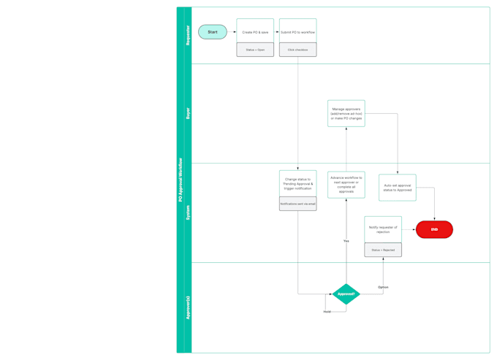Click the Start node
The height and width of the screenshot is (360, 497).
(213, 32)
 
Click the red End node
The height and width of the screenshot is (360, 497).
(434, 229)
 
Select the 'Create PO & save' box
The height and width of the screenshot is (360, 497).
(255, 31)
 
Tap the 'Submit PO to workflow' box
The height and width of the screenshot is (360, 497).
(297, 31)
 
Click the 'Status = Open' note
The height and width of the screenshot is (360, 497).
(255, 50)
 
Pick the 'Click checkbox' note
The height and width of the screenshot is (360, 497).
(297, 50)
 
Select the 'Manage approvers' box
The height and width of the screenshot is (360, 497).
(346, 114)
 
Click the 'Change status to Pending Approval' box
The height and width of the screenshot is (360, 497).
(297, 183)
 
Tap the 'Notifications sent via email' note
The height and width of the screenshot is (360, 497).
(297, 204)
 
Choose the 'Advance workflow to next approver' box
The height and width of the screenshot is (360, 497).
(346, 185)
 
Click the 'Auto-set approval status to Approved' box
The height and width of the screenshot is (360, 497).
(398, 188)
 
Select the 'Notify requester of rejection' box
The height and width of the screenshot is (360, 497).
(383, 229)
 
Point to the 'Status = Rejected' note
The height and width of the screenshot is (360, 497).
(383, 250)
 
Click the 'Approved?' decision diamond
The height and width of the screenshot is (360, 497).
(346, 294)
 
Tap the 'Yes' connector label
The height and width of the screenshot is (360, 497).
(346, 241)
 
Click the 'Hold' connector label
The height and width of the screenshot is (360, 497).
(327, 312)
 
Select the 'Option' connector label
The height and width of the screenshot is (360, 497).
(383, 287)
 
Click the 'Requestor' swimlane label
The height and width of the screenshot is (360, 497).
(188, 36)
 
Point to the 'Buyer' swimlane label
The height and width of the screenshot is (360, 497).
(188, 113)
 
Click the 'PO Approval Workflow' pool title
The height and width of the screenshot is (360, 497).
(181, 180)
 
